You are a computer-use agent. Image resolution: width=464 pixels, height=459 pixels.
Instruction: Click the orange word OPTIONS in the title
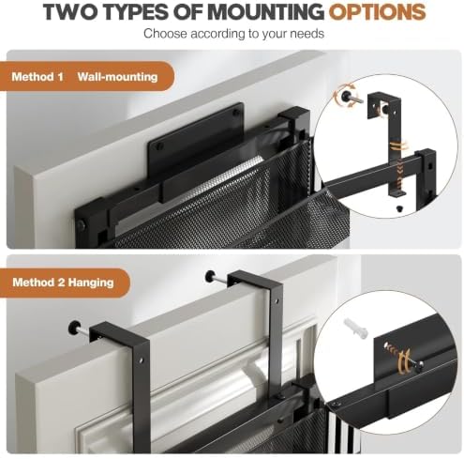pos(377,12)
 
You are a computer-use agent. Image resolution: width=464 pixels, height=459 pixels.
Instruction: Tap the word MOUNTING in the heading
pos(265,12)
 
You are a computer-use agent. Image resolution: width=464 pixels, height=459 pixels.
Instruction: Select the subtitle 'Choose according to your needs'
pos(233,34)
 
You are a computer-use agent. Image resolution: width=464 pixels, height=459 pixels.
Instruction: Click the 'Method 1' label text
pos(37,77)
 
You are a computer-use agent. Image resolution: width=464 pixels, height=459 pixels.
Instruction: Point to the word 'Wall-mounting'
pos(117,77)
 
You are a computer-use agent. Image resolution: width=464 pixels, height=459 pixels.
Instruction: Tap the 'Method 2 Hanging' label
pos(63,283)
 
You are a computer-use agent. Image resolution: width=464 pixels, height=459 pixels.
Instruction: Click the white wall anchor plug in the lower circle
pos(355,328)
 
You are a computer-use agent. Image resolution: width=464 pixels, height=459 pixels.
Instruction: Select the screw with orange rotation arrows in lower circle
pos(403,357)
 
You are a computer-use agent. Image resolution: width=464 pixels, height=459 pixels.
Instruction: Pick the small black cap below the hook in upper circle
pos(399,208)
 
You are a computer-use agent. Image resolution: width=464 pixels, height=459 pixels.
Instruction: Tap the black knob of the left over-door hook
pos(73,327)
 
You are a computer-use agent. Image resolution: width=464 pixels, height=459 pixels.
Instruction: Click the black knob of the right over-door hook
pos(211,276)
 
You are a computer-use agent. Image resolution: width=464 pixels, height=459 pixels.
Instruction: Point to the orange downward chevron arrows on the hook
pos(399,172)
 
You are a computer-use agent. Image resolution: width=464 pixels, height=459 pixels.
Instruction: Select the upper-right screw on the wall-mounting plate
pos(236,113)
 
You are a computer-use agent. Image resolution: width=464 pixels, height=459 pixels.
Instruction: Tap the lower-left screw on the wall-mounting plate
pos(159,145)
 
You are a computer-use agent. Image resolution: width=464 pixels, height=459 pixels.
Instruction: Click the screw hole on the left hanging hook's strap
pos(142,360)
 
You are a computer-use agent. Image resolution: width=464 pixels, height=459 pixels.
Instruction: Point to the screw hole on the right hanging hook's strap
pos(276,302)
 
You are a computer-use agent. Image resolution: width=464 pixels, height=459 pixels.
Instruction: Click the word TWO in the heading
pos(71,12)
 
